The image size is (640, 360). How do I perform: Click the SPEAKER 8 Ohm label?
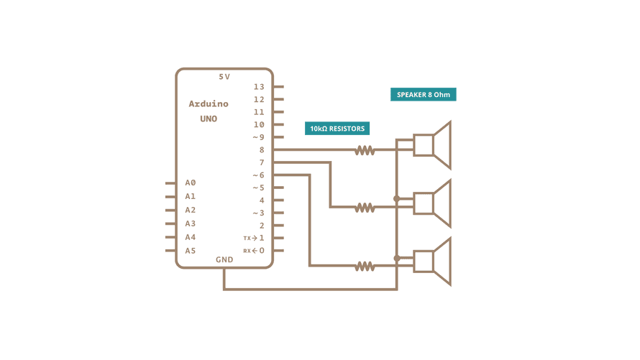point(424,94)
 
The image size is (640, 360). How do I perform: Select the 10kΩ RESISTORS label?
point(337,129)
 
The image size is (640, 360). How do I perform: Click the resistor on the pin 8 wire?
point(365,150)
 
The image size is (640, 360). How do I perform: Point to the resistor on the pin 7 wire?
point(365,208)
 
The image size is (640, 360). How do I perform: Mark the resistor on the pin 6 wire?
point(365,266)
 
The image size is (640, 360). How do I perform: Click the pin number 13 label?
point(259,87)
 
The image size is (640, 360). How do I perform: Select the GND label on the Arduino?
point(224,259)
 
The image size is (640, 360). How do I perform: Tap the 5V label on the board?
point(224,76)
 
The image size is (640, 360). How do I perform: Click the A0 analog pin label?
point(190,183)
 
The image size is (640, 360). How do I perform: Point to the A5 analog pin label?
point(190,251)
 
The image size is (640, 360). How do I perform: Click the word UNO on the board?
point(209,119)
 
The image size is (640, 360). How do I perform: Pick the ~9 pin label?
point(258,137)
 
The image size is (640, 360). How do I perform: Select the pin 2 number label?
point(262,226)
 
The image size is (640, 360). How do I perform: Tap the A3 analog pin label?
point(190,223)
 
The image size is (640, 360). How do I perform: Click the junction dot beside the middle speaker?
point(397,198)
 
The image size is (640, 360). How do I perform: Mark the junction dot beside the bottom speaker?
point(397,257)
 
